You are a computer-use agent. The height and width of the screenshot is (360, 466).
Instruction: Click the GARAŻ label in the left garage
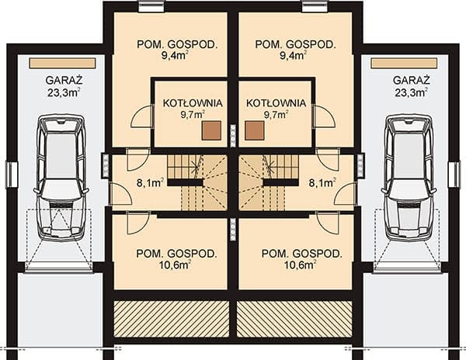click(x=64, y=81)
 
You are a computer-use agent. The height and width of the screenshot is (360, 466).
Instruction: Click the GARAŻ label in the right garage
click(x=412, y=81)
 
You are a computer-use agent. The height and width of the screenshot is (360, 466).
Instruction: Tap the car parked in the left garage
click(x=61, y=178)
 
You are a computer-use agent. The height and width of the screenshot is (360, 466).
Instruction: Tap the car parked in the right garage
click(x=409, y=178)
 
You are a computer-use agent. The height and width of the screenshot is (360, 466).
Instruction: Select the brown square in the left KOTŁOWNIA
click(x=211, y=130)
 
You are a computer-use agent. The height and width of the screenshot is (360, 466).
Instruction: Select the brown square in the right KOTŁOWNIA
click(x=255, y=130)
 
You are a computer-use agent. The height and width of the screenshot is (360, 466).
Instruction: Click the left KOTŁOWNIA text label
click(x=193, y=103)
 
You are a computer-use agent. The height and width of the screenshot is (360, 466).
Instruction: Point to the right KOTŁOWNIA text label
click(x=276, y=103)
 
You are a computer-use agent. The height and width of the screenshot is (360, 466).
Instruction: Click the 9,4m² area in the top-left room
click(x=176, y=56)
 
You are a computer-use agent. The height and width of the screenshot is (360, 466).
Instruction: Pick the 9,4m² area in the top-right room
click(x=294, y=56)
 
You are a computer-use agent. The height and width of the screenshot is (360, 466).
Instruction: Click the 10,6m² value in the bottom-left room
click(x=176, y=265)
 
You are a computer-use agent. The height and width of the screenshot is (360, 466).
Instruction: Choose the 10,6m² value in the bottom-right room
click(x=300, y=265)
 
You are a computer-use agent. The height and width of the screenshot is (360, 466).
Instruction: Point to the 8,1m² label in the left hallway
click(x=150, y=183)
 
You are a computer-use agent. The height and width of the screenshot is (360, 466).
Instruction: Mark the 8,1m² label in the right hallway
click(x=322, y=183)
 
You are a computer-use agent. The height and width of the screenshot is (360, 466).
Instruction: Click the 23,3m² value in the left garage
click(x=64, y=92)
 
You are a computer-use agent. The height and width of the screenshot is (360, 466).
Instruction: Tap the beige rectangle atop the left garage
click(x=62, y=63)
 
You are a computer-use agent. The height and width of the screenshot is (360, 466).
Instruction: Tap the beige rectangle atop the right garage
click(x=404, y=63)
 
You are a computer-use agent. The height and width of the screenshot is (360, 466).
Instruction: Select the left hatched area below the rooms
click(x=172, y=319)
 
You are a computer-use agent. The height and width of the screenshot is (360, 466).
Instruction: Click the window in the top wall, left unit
click(x=151, y=6)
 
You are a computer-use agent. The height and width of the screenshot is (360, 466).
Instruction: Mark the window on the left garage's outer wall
click(x=12, y=175)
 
